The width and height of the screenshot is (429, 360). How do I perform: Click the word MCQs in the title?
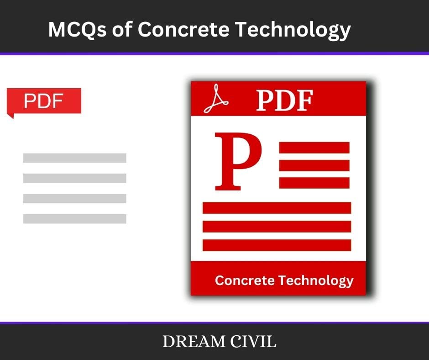click(x=77, y=29)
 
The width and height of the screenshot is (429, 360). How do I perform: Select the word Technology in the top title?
click(x=293, y=30)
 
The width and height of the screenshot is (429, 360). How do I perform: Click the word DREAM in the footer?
click(x=194, y=341)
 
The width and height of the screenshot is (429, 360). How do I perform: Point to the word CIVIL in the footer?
click(x=253, y=341)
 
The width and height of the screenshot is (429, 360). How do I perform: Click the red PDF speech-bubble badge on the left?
click(x=44, y=101)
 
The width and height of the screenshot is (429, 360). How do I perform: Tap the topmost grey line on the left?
click(x=75, y=158)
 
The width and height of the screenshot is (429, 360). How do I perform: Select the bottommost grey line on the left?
click(x=75, y=219)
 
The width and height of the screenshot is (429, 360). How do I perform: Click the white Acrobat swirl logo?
click(x=216, y=99)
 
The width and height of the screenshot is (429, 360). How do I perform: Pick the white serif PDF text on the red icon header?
click(x=284, y=101)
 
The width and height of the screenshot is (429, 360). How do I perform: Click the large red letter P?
click(x=238, y=161)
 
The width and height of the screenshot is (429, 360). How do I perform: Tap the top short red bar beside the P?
click(x=314, y=148)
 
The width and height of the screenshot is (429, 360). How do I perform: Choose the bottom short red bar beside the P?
click(x=314, y=183)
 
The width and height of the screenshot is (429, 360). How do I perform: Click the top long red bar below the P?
click(x=277, y=208)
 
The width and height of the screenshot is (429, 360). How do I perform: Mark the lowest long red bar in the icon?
click(x=277, y=245)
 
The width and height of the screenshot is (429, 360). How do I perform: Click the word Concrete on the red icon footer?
click(x=245, y=280)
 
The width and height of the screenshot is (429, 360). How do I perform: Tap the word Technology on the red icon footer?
click(x=316, y=281)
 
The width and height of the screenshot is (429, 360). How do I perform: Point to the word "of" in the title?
click(x=122, y=29)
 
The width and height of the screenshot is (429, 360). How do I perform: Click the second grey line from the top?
click(x=75, y=178)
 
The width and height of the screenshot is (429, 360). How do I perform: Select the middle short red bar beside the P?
click(x=314, y=165)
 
